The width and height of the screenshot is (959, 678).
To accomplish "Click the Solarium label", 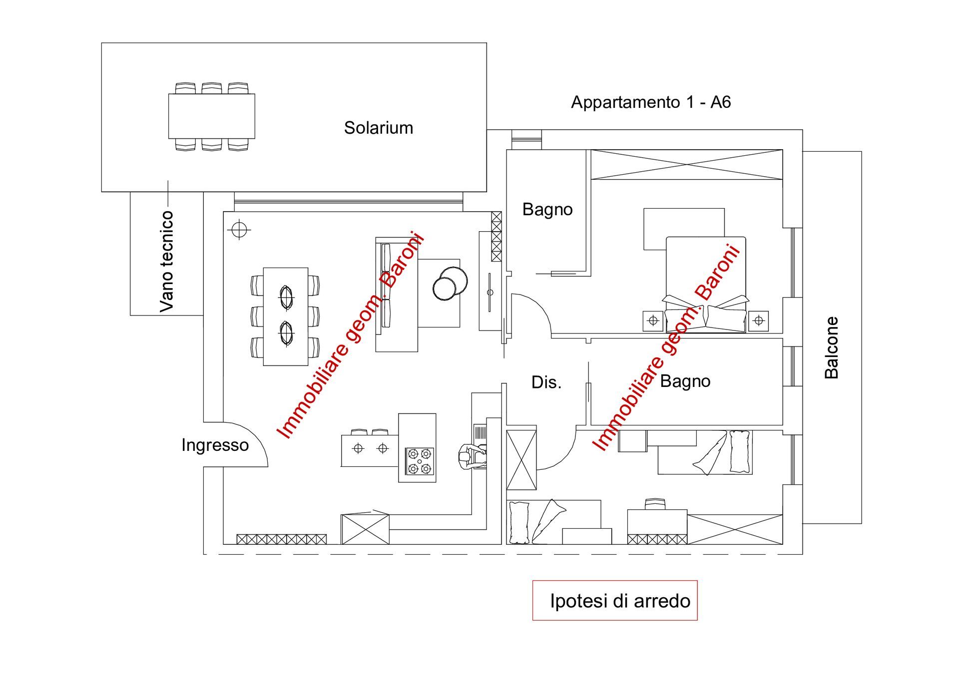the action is point(379,128).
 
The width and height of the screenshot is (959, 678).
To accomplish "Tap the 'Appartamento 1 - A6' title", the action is point(651,102).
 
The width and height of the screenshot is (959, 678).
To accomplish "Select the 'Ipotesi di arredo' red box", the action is point(615,600).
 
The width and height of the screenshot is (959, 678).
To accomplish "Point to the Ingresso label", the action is point(215,445).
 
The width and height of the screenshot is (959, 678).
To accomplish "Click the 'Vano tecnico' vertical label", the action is point(166,262).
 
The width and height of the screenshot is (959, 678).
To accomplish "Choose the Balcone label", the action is point(831,347).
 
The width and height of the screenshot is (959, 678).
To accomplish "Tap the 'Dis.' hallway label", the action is point(546,382).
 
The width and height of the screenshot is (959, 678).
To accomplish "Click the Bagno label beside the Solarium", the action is point(547,210).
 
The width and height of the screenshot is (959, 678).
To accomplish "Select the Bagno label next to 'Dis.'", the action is point(685,381).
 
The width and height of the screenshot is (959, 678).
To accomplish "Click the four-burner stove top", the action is point(420,461).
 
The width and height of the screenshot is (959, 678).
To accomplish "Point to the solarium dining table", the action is point(212,116).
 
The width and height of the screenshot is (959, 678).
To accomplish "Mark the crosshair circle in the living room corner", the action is point(239,230).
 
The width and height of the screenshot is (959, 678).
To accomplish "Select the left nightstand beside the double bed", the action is point(653,321).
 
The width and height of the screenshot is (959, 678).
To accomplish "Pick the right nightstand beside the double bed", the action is point(758,321).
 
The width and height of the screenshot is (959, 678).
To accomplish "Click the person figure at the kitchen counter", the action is point(470,456).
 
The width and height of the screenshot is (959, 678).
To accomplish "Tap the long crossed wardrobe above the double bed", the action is point(687,164).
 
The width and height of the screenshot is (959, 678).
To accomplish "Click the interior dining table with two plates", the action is point(286,317).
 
